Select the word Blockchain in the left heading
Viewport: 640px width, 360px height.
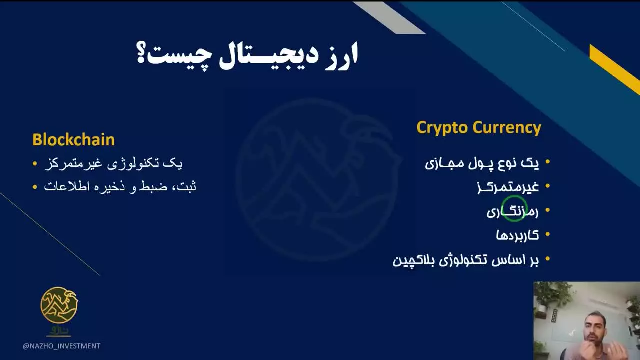point(73,139)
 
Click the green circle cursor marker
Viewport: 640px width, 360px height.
point(514,208)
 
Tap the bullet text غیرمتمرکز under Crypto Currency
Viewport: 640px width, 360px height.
point(508,187)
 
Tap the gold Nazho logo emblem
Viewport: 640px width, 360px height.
point(59,304)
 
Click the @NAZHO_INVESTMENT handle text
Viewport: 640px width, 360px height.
point(61,346)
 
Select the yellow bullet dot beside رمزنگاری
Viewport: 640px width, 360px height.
point(548,211)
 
